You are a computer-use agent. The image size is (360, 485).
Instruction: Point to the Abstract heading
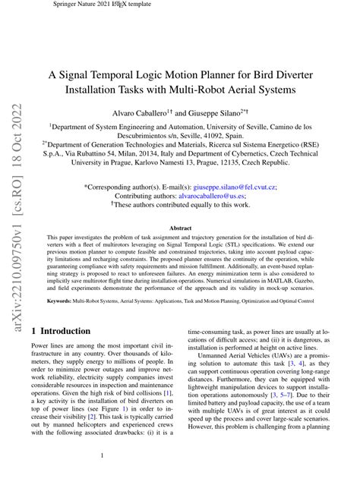click(180, 228)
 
